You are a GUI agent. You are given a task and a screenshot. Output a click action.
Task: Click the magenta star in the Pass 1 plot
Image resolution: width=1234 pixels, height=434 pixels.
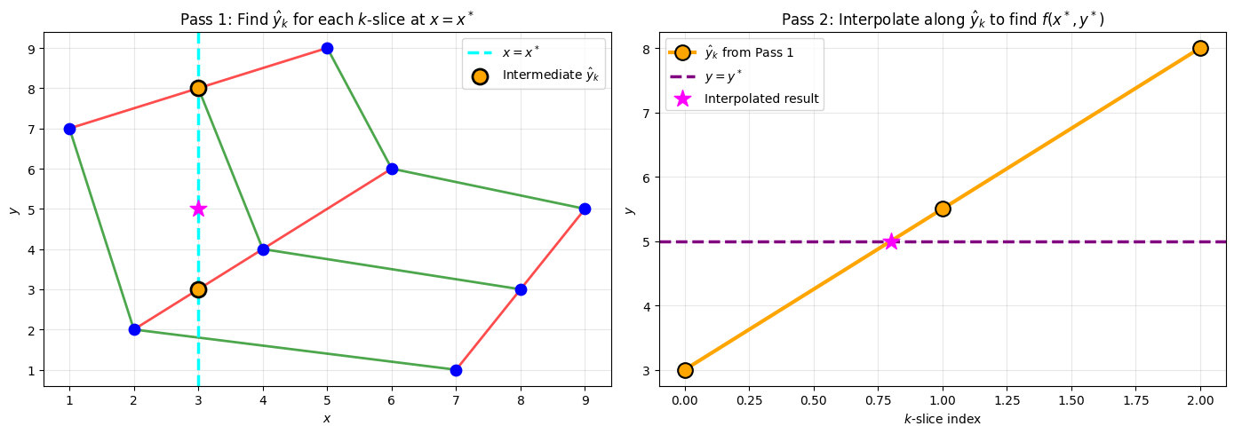point(198,209)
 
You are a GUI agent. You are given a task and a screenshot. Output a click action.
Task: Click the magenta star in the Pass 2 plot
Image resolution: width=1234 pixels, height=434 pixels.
point(891,241)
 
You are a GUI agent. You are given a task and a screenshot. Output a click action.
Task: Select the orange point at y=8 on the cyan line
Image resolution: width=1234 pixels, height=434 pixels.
point(198,88)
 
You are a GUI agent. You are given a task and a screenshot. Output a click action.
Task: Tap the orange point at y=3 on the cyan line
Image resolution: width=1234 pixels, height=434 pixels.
point(198,289)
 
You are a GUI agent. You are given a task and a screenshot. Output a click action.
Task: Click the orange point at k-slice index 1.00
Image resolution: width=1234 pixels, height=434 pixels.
point(943,209)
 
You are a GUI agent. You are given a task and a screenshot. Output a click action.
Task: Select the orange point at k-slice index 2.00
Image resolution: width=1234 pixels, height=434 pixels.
point(1200,48)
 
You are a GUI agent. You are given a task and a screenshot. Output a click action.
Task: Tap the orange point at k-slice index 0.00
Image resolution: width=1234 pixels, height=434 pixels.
point(685,370)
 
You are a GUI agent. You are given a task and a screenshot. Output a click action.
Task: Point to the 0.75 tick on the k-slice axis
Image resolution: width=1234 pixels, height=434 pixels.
point(878,401)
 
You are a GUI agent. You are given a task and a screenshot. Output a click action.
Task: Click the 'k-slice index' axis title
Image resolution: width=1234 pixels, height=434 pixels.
point(942,419)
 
